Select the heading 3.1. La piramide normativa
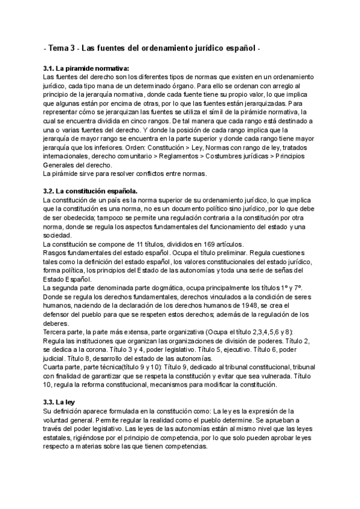tap(86, 68)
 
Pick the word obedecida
tap(80, 217)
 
